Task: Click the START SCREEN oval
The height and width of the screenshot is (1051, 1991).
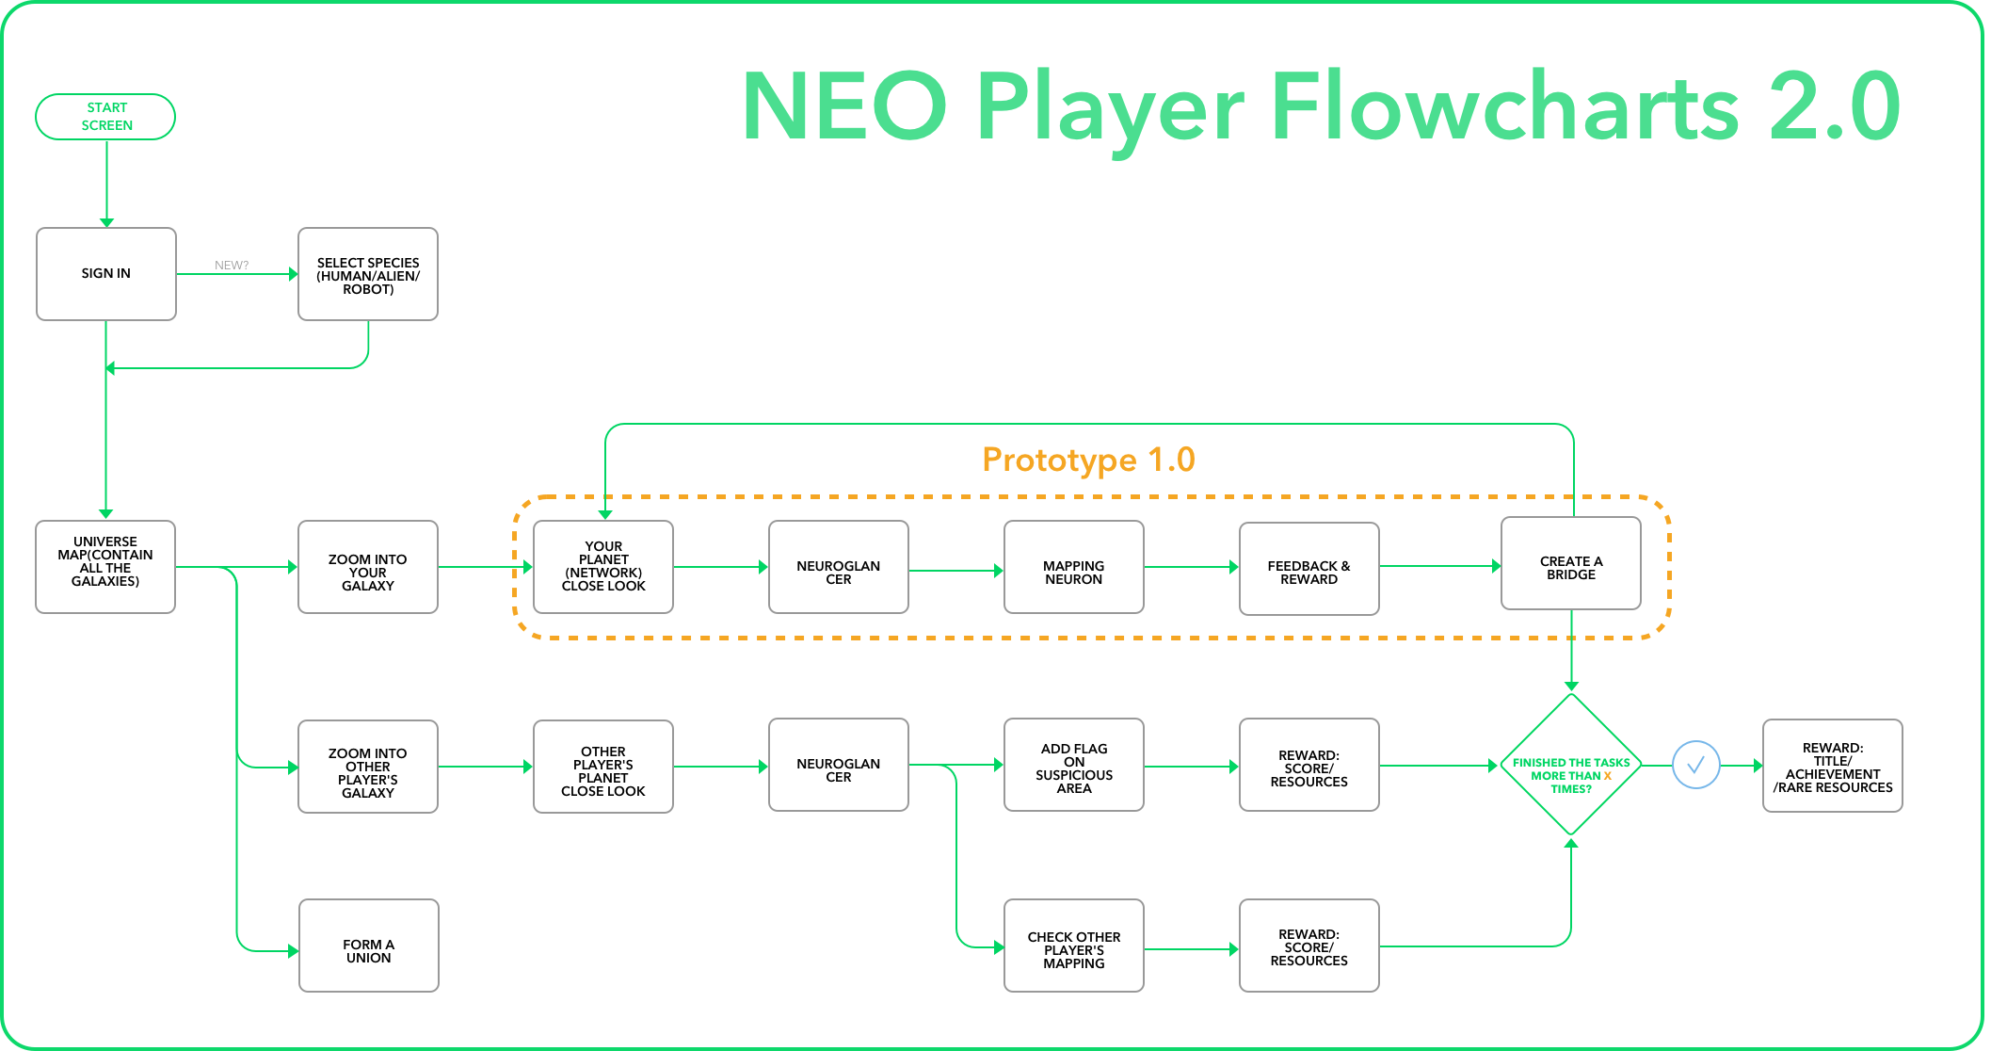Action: tap(105, 117)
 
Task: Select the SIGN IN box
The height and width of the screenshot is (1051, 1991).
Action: tap(106, 274)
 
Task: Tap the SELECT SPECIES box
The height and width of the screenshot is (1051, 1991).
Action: tap(368, 274)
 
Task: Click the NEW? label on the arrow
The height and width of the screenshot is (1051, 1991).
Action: tap(232, 266)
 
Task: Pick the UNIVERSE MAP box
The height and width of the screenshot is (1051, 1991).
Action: tap(105, 567)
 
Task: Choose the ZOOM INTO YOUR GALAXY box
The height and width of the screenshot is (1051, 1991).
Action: tap(368, 567)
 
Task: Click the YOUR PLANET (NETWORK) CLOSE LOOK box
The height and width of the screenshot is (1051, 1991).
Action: tap(603, 567)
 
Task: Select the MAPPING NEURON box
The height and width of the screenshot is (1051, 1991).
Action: tap(1074, 567)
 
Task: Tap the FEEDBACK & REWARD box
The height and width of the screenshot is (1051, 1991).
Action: tap(1309, 569)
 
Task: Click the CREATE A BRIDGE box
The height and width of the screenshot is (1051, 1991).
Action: tap(1571, 563)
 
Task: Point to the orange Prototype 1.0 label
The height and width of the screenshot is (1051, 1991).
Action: tap(1088, 460)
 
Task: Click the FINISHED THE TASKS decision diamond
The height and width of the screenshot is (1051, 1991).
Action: tap(1571, 765)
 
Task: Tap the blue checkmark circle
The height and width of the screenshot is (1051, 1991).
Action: tap(1696, 765)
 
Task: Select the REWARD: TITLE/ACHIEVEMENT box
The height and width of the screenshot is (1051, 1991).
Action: tap(1833, 766)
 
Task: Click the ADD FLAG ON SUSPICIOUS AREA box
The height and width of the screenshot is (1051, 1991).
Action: tap(1074, 765)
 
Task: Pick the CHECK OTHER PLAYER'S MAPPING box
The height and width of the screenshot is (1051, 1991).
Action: tap(1074, 946)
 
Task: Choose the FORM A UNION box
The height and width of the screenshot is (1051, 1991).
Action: tap(369, 946)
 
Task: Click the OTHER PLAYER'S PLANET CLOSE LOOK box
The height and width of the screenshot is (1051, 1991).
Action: tap(603, 767)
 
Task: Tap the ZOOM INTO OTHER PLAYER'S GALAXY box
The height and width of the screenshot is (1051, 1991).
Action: tap(368, 767)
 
